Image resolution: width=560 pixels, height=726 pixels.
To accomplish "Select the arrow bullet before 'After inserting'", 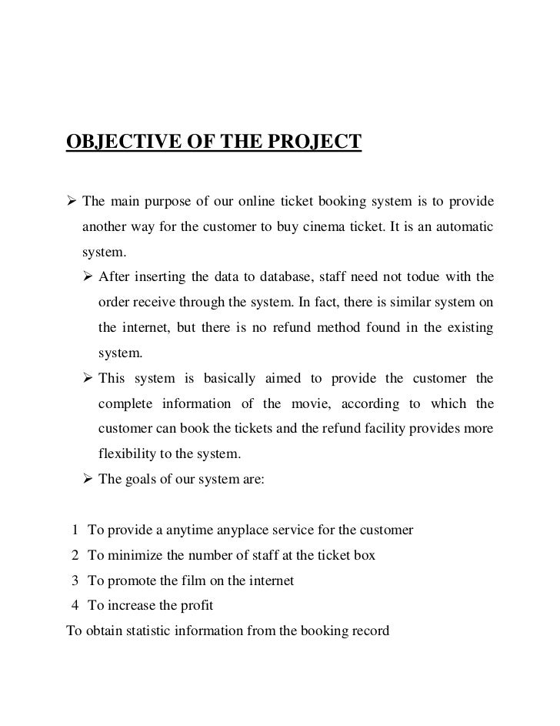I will tap(88, 277).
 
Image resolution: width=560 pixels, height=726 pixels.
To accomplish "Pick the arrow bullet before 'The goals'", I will tap(88, 478).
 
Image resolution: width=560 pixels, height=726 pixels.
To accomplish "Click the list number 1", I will tap(75, 531).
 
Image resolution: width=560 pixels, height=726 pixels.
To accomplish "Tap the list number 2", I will tap(75, 555).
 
